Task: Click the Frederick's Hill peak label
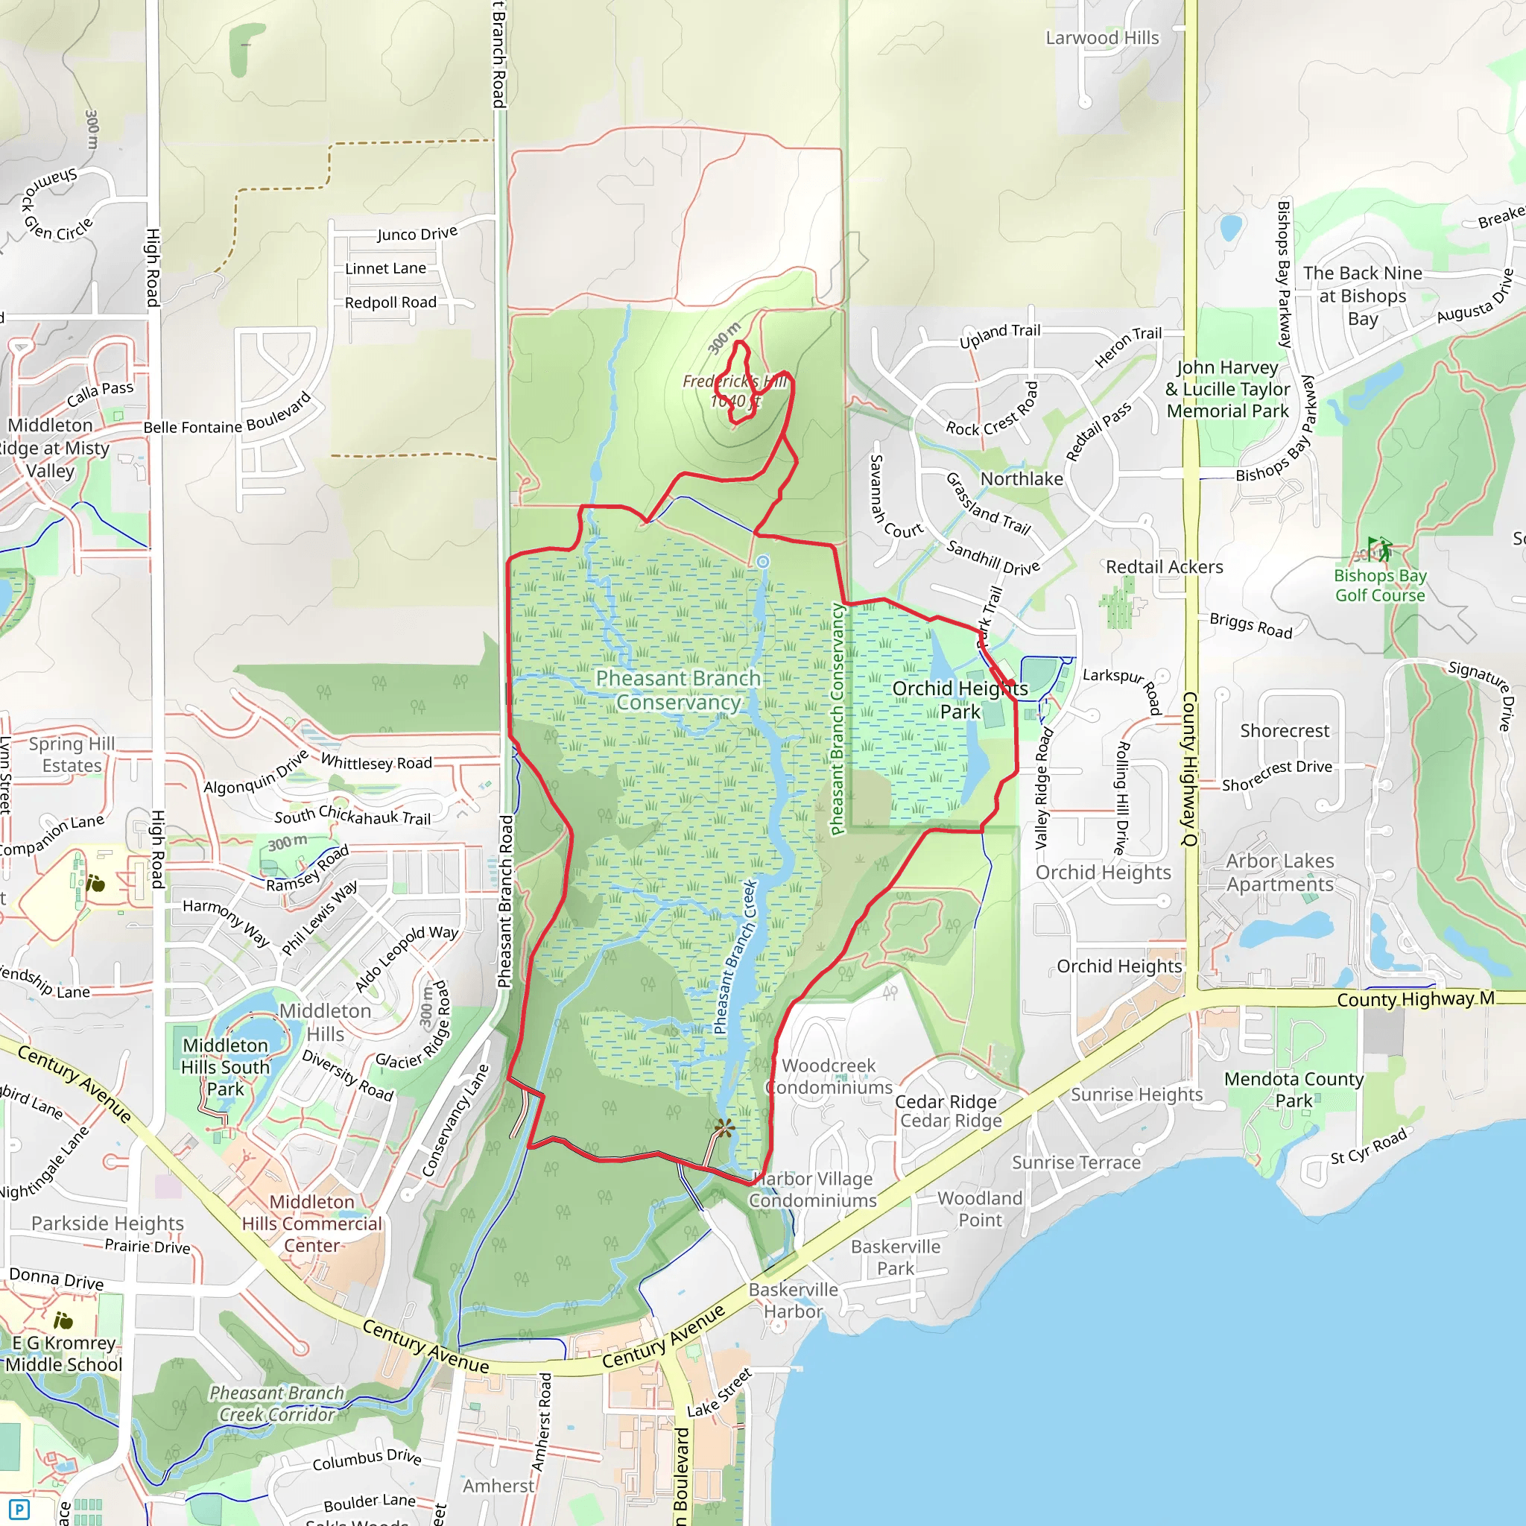(x=735, y=391)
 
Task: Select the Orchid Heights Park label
(x=960, y=700)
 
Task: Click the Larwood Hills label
(x=1102, y=38)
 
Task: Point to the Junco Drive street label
(x=417, y=234)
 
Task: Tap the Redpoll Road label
(x=390, y=303)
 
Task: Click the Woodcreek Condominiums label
(x=829, y=1077)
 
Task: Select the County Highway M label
(x=1415, y=999)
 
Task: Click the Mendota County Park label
(x=1294, y=1089)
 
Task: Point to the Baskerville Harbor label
(x=793, y=1300)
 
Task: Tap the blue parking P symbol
(x=18, y=1510)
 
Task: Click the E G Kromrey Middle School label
(x=64, y=1354)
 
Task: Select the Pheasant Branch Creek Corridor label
(x=276, y=1404)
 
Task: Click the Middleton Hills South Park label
(x=225, y=1067)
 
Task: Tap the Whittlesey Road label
(x=376, y=763)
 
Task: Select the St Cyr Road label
(x=1368, y=1146)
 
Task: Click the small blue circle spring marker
(x=762, y=562)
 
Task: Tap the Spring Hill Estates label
(x=72, y=754)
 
